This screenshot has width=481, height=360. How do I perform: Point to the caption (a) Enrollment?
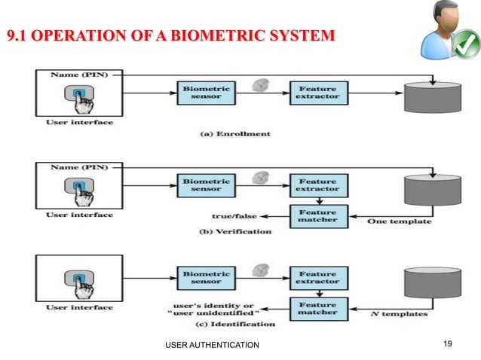tap(235, 133)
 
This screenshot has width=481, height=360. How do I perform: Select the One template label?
tap(399, 221)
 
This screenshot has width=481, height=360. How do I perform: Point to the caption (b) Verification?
tap(235, 231)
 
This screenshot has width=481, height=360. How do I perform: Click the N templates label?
tap(399, 313)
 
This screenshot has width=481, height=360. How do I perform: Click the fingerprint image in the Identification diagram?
tap(260, 269)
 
